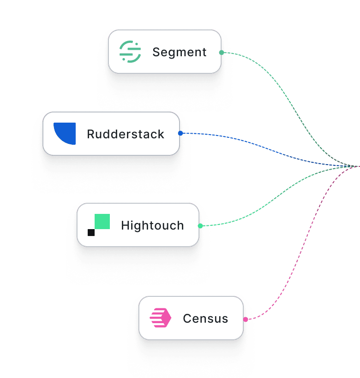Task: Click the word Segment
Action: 180,52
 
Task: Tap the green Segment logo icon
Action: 130,52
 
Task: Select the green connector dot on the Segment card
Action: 222,53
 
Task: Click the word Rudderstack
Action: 126,134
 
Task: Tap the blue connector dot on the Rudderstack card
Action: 180,133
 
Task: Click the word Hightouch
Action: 152,225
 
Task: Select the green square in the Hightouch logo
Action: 102,222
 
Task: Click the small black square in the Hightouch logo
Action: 91,232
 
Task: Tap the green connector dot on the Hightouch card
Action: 200,226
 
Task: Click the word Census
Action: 205,319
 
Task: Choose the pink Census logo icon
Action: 160,319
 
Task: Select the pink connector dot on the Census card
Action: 246,319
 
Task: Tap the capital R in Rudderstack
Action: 91,134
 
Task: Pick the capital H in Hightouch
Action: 125,225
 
